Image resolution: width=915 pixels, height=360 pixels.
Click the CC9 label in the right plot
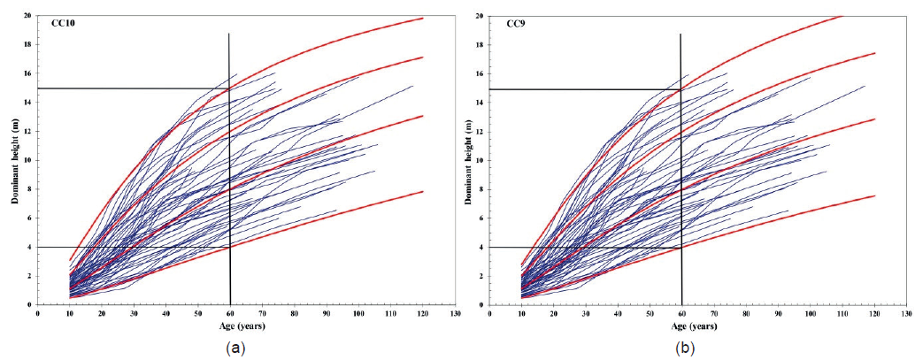point(505,25)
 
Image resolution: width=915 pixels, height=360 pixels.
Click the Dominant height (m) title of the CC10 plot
point(15,160)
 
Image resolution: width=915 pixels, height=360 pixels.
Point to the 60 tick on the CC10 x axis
point(230,313)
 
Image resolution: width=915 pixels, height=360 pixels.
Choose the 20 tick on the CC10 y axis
point(29,16)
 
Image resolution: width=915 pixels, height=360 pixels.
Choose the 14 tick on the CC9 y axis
point(481,103)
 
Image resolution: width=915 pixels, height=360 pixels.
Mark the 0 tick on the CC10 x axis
point(38,313)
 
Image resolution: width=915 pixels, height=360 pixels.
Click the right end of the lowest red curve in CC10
point(423,192)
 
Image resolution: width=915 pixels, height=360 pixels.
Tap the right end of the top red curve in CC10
point(423,19)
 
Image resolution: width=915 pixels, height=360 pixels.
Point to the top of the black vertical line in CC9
point(680,34)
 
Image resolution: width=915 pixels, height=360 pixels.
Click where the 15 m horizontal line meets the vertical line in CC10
point(230,88)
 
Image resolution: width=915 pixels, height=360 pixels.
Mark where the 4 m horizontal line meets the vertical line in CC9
point(680,248)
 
